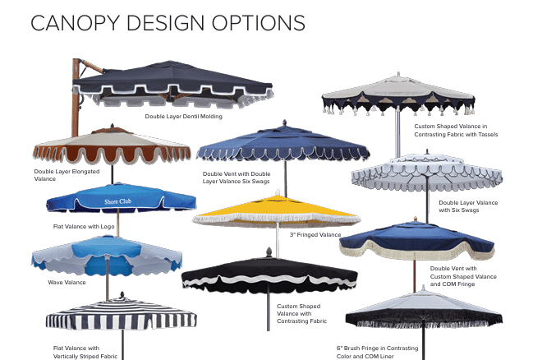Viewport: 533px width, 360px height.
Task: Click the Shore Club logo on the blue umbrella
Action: [117, 201]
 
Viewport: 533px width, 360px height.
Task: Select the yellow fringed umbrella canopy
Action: [276, 210]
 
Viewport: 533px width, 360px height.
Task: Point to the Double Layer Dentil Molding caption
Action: [183, 117]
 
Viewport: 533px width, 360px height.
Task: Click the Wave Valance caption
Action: [67, 282]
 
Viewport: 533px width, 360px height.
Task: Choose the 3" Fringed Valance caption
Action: [315, 234]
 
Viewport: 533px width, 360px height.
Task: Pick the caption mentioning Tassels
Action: [455, 130]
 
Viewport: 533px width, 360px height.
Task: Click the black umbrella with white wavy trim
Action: [257, 274]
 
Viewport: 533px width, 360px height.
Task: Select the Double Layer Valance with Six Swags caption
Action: [467, 205]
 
